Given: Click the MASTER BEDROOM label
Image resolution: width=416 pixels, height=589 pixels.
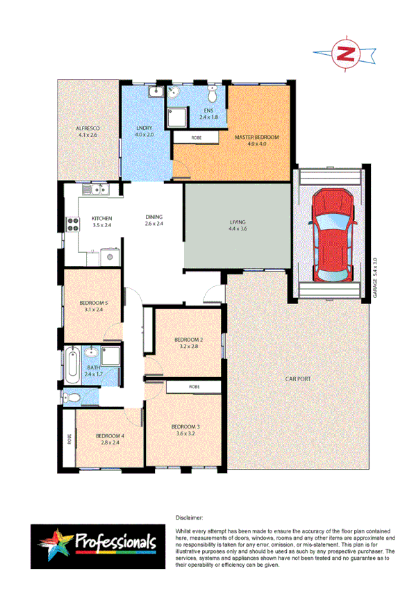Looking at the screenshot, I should click(256, 138).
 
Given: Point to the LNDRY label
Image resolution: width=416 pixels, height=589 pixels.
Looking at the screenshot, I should click(144, 129).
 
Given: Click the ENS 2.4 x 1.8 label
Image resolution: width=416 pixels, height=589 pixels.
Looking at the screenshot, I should click(208, 115).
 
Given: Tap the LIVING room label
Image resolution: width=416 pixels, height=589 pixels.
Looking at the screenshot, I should click(238, 224).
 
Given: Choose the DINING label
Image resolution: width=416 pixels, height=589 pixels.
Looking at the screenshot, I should click(154, 219).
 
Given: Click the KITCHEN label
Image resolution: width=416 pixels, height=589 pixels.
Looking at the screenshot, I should click(102, 222).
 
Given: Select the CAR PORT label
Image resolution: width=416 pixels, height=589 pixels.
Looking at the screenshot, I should click(297, 379).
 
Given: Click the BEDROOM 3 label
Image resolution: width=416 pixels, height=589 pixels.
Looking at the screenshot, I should click(185, 429).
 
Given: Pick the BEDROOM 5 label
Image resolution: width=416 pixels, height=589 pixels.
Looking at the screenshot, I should click(93, 305).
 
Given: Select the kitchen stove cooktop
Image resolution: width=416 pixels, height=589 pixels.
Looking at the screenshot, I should click(72, 224).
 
